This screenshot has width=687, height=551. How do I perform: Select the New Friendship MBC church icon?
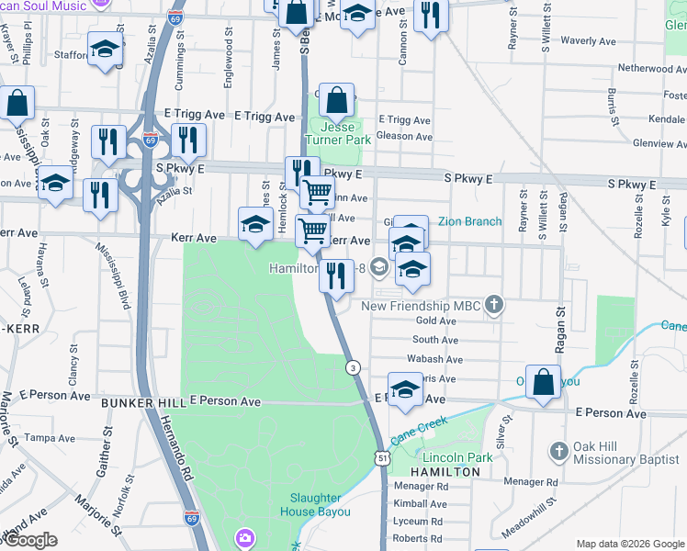pyautogui.click(x=495, y=305)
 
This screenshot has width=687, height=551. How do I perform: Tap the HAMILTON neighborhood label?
pyautogui.click(x=445, y=471)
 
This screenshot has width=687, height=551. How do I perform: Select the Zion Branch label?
pyautogui.click(x=469, y=221)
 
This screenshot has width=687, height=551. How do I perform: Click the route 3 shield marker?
pyautogui.click(x=352, y=367)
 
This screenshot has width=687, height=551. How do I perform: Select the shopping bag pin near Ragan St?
pyautogui.click(x=544, y=381)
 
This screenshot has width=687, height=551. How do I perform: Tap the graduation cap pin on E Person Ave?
pyautogui.click(x=405, y=389)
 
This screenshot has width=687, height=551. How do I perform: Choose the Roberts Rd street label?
pyautogui.click(x=417, y=539)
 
